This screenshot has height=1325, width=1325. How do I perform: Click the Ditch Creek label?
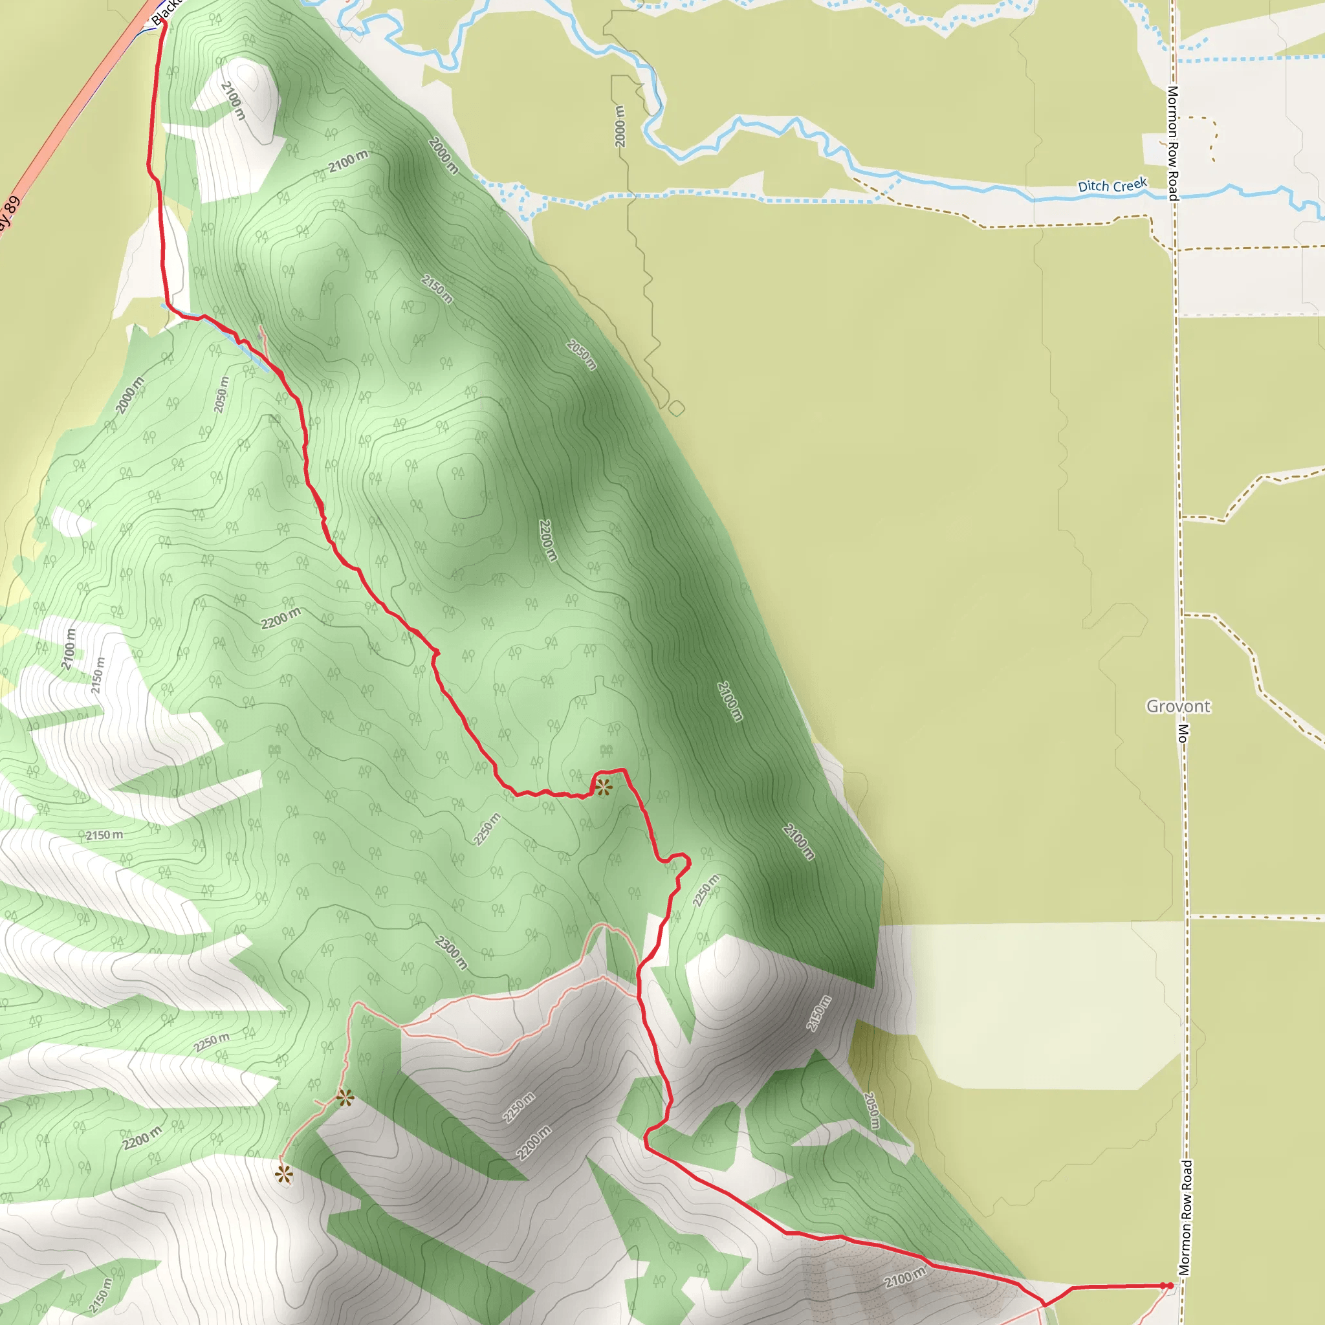click(x=1111, y=185)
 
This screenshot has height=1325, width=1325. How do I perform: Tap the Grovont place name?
click(x=1178, y=706)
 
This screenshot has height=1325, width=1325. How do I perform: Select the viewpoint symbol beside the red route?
click(x=603, y=787)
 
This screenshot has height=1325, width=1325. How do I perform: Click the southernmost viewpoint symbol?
click(x=284, y=1175)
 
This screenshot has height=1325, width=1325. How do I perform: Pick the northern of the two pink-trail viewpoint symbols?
click(x=345, y=1099)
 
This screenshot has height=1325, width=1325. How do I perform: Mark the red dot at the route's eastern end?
click(x=1168, y=1286)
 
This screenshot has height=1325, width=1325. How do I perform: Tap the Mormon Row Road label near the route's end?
click(x=1186, y=1218)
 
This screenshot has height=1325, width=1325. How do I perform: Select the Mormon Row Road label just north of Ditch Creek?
click(x=1173, y=142)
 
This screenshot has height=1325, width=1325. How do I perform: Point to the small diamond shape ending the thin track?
click(x=676, y=409)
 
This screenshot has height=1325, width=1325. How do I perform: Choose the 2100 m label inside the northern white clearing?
click(x=233, y=100)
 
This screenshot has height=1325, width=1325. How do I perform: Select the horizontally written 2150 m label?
click(x=104, y=835)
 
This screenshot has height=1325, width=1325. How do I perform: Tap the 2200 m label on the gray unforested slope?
click(x=534, y=1143)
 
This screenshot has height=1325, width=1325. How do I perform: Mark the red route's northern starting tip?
click(x=164, y=23)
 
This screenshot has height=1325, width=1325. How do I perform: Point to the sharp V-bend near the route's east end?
click(x=1044, y=1304)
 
